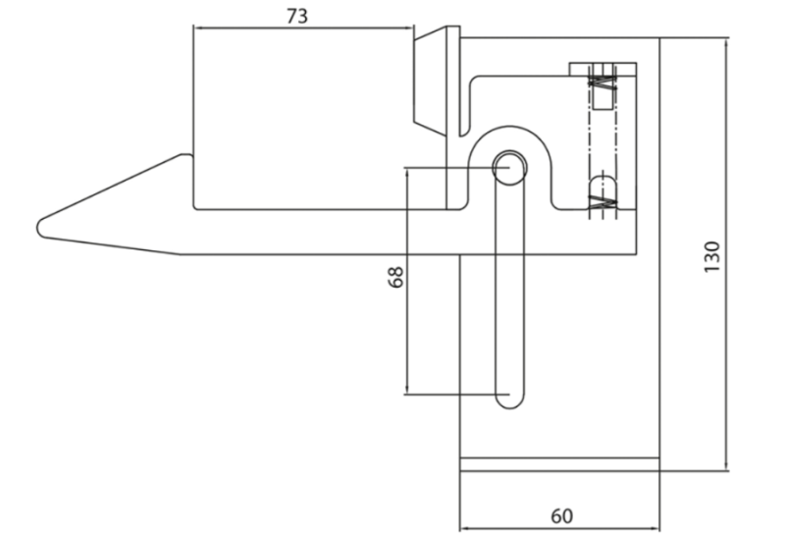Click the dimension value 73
point(297,16)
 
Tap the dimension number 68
point(395,277)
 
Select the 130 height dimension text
point(711,256)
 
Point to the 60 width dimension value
point(561,516)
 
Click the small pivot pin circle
point(509,167)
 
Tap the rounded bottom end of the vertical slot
point(509,401)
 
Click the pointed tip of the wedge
point(39,229)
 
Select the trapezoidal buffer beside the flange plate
point(430,82)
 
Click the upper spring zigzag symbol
point(602,82)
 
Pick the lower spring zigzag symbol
point(602,202)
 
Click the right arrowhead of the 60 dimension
point(655,528)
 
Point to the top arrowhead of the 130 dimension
point(726,41)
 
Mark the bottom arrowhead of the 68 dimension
point(407,390)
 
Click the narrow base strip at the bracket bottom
point(559,464)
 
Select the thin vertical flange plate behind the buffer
point(453,118)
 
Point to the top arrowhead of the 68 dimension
point(407,172)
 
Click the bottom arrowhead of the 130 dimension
point(726,467)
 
